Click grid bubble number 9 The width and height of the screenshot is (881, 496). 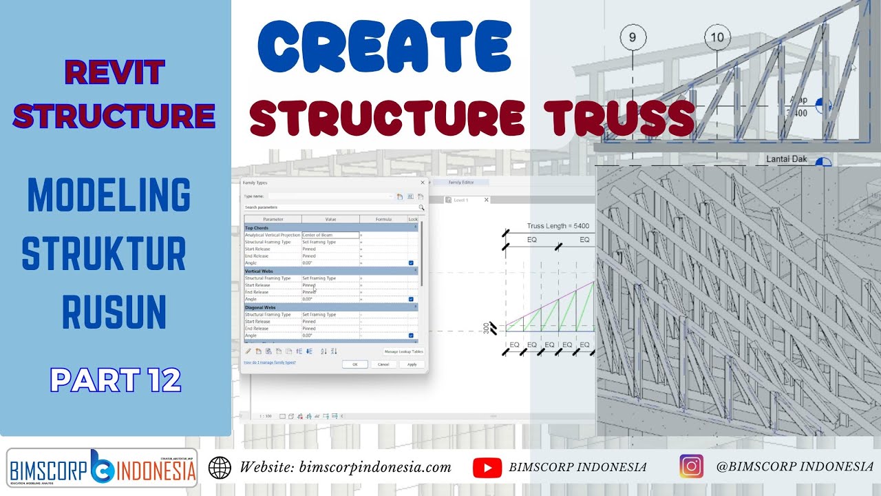point(633,37)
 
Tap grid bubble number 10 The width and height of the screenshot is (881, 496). point(717,37)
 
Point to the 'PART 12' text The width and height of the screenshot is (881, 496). point(116,380)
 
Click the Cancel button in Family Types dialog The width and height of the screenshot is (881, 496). point(383,364)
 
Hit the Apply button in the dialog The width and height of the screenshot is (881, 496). point(412,364)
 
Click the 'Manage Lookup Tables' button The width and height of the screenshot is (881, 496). point(403,351)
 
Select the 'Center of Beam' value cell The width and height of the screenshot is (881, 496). point(330,235)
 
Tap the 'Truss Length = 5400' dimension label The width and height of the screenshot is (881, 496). point(558,226)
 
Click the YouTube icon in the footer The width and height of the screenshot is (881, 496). point(487,467)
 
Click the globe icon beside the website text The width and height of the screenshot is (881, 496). point(220,467)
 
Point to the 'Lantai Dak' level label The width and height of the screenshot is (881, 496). point(787,159)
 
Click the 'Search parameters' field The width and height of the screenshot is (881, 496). point(330,207)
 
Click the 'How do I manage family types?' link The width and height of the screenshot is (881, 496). point(270,362)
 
